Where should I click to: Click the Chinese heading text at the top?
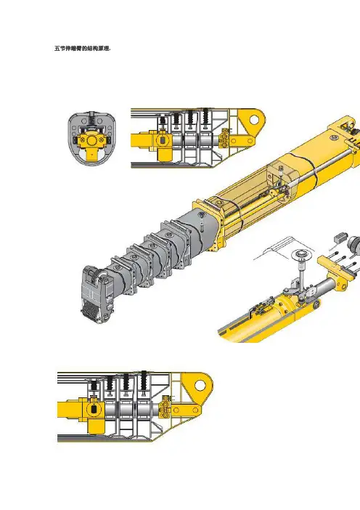click(83, 49)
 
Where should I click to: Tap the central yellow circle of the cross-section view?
click(92, 140)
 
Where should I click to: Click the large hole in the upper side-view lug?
click(254, 119)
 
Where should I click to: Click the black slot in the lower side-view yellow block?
click(94, 410)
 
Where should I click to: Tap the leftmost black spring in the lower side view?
click(94, 386)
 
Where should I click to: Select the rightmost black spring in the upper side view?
click(205, 116)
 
